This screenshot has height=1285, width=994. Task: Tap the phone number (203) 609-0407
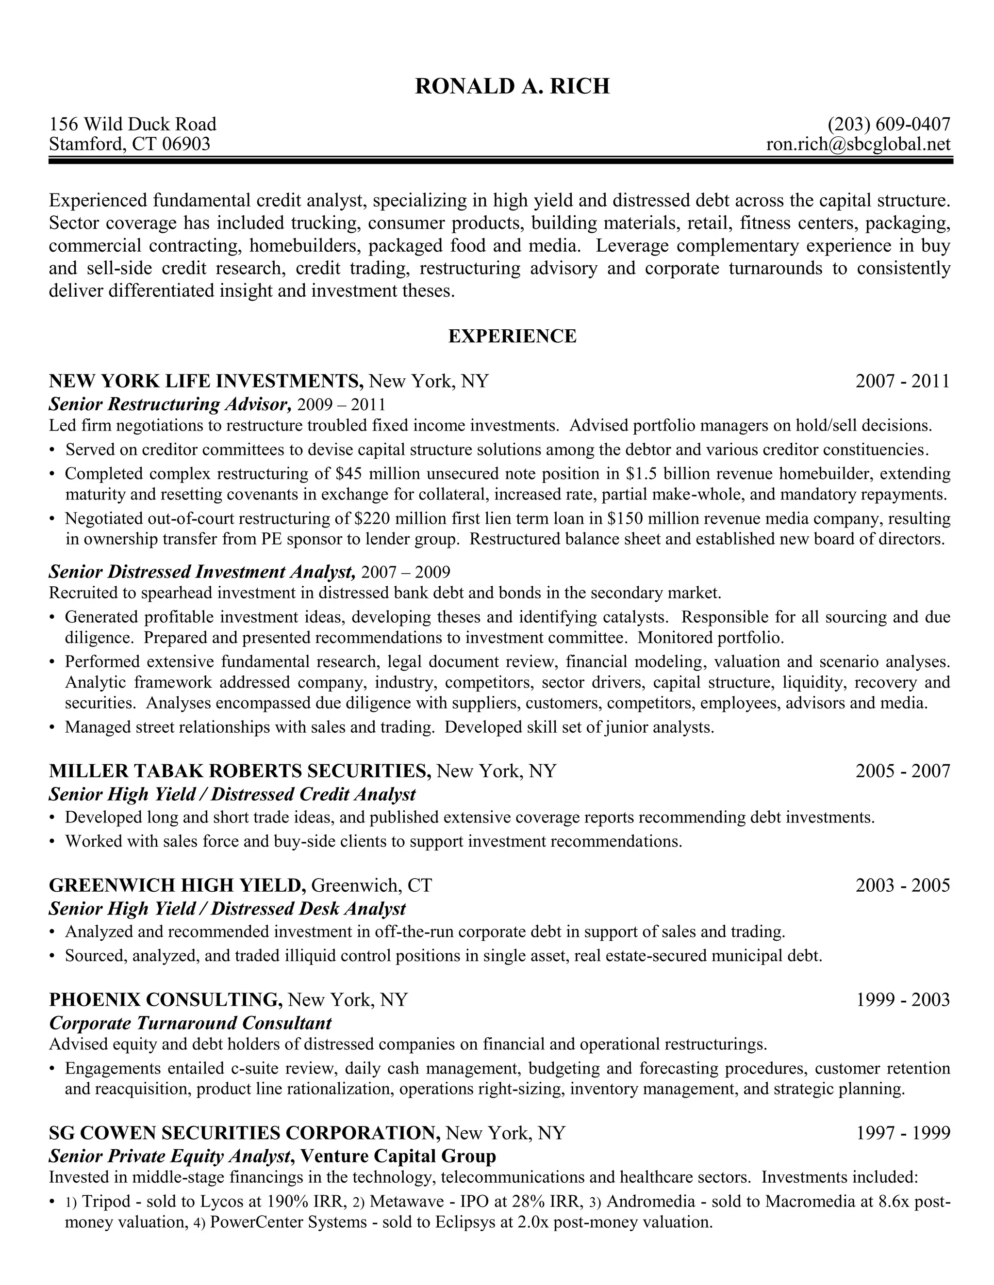pos(889,124)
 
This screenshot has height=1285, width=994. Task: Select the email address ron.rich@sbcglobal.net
pos(858,144)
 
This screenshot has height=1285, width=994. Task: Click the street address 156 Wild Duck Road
pos(133,124)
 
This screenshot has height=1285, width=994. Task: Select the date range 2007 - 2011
pos(902,381)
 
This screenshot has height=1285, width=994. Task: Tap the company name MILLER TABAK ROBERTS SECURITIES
pos(240,771)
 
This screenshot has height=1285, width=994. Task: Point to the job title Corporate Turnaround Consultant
pos(190,1023)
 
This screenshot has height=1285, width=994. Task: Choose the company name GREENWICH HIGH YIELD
pos(177,885)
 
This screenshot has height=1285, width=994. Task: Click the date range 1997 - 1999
pos(902,1133)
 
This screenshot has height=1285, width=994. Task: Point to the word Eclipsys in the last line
pos(464,1222)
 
